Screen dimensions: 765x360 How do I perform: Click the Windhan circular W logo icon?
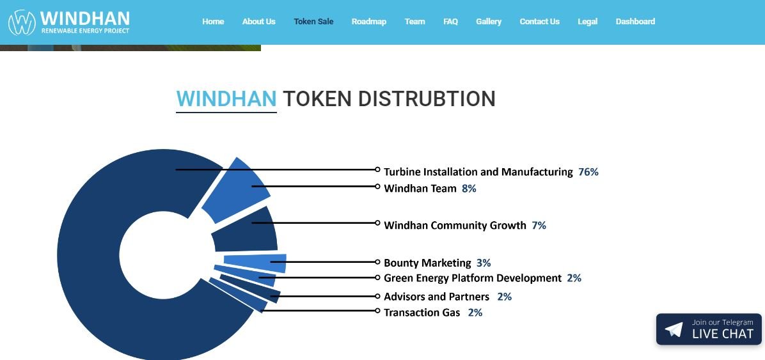tap(22, 22)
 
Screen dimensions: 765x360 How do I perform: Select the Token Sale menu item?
tap(313, 22)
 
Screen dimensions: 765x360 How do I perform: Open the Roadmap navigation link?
tap(369, 22)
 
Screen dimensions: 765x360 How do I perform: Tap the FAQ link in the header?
tap(450, 22)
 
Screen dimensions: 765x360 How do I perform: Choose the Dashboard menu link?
tap(635, 22)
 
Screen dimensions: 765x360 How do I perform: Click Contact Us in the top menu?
tap(540, 22)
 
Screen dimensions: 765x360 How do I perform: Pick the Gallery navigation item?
tap(489, 22)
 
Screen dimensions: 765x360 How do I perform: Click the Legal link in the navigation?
tap(587, 22)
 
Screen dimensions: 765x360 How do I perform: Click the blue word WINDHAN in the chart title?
tap(226, 98)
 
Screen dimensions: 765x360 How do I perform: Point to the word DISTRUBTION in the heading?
tap(427, 98)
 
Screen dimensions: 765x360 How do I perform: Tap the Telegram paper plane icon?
tap(674, 329)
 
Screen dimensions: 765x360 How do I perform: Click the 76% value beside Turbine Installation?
tap(588, 172)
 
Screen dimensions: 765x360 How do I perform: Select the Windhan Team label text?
tap(420, 188)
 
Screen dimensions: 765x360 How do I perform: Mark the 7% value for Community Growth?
tap(539, 225)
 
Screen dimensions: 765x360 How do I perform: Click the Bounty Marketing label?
tap(427, 263)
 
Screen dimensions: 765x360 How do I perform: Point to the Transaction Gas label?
tap(422, 312)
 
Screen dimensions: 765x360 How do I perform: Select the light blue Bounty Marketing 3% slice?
tap(255, 263)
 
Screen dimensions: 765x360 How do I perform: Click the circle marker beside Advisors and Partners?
tap(377, 296)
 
